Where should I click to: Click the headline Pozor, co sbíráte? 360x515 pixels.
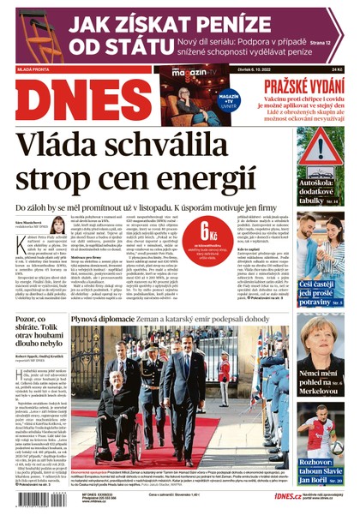click(x=51, y=327)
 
